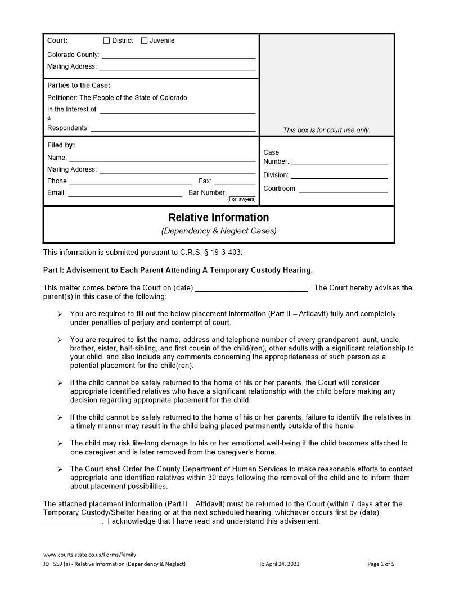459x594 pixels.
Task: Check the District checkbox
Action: [107, 40]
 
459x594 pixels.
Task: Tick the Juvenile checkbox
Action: [144, 40]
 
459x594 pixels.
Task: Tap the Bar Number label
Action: [208, 192]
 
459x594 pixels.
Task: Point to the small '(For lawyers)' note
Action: [241, 199]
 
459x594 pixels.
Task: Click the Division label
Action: [276, 175]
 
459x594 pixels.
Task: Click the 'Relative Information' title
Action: [219, 218]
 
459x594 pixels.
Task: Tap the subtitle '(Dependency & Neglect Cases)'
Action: [219, 231]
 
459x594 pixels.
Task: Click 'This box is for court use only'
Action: [326, 130]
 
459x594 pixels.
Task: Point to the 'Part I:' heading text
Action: [56, 270]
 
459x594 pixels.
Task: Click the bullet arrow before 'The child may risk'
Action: [60, 444]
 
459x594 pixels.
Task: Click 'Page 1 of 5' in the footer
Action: [381, 564]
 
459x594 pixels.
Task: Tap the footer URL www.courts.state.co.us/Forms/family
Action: [89, 555]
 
